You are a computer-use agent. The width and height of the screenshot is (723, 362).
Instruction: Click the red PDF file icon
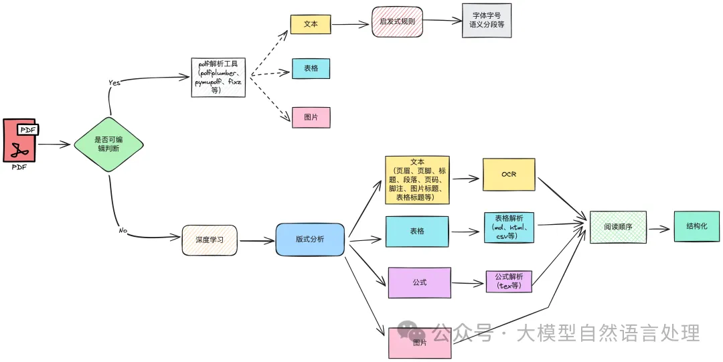point(19,141)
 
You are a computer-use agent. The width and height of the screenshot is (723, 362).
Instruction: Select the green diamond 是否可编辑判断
point(108,144)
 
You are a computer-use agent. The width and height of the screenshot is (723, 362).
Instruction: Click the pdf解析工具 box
point(218,77)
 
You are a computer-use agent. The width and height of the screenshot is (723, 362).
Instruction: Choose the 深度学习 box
point(210,240)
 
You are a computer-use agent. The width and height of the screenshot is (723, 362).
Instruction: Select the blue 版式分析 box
point(310,239)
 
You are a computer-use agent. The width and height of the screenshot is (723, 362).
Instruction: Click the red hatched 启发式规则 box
point(397,21)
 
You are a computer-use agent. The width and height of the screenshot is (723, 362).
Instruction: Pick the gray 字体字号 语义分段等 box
point(491,20)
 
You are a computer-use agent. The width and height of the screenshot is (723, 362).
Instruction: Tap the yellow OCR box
point(509,175)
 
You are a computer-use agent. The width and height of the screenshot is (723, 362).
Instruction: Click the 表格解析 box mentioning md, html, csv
point(509,228)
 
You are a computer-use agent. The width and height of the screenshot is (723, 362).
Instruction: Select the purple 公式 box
point(419,282)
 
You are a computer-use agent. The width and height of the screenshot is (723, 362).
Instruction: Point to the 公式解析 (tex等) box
point(509,281)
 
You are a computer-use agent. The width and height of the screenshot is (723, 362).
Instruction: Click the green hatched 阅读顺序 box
point(617,227)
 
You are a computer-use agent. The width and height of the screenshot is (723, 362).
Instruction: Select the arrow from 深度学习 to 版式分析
point(256,240)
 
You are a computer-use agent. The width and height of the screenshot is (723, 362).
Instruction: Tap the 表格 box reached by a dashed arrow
point(311,68)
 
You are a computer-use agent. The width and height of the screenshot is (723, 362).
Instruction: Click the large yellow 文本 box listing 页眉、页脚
point(417,180)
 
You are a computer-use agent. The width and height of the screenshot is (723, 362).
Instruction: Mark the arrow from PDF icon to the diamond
point(54,144)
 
